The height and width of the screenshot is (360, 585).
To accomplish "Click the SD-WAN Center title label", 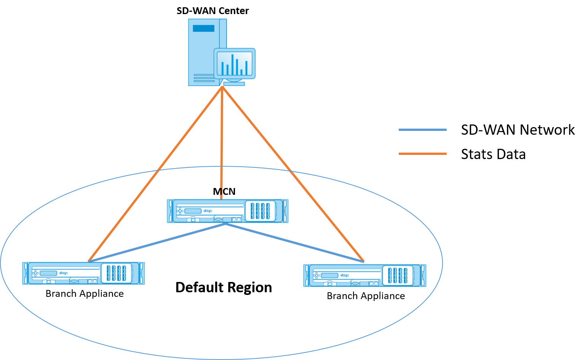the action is (213, 11).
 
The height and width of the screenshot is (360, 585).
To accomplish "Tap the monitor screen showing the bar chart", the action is (235, 64).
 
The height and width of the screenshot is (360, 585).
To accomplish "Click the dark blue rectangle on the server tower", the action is (203, 28).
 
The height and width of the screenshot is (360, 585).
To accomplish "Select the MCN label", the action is (224, 191).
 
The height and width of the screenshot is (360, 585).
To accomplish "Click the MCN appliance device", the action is (227, 211).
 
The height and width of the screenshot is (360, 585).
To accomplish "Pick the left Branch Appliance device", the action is (83, 273).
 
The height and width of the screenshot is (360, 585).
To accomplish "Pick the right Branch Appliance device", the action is (364, 276).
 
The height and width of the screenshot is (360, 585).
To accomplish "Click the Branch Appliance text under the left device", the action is (85, 294).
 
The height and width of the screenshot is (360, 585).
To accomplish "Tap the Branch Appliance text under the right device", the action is (366, 296).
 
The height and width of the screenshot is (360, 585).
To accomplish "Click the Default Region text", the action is (224, 287).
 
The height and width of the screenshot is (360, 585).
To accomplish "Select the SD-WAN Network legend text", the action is (518, 130).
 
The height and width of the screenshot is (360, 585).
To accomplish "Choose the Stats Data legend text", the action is (493, 154).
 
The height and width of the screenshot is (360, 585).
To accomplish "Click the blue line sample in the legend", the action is (422, 130).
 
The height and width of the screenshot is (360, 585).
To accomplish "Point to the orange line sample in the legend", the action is (422, 154).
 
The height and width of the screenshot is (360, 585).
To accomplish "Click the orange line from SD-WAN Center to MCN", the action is (222, 143).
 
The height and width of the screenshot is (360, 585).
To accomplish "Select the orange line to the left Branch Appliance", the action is (155, 174).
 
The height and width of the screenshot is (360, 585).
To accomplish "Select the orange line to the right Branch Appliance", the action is (293, 174).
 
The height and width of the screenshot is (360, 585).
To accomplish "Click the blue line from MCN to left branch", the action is (157, 242).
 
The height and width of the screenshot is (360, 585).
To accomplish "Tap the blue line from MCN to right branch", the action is (295, 242).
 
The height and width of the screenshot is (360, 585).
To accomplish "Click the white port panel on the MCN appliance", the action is (260, 211).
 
